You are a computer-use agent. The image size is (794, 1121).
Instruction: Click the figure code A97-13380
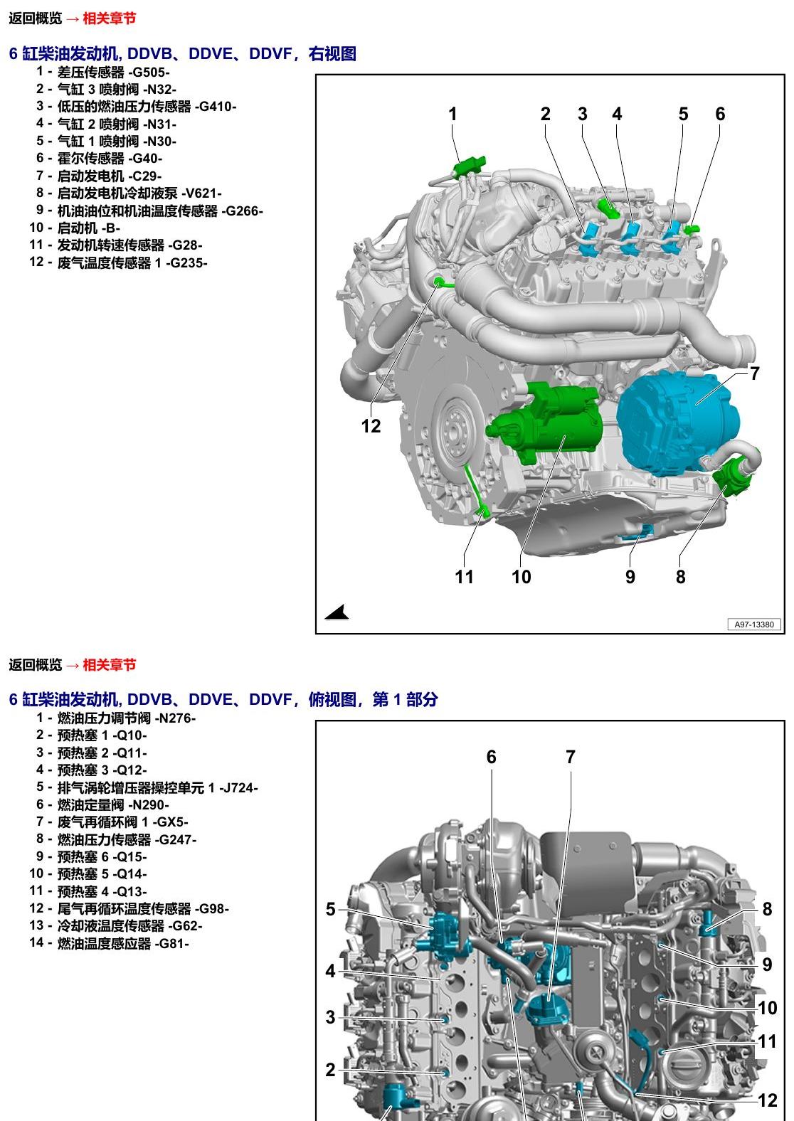tap(754, 625)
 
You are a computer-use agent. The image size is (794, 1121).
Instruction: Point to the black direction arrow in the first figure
tap(338, 612)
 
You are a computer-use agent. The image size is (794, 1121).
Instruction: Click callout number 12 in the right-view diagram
tap(371, 426)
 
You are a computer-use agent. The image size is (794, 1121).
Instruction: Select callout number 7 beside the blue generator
tap(754, 373)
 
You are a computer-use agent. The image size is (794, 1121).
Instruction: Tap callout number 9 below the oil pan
tap(630, 577)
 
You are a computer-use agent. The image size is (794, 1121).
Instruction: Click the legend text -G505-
tap(149, 73)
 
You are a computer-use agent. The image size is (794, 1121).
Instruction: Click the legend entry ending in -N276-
tap(116, 718)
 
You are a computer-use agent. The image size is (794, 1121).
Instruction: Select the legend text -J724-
tap(238, 787)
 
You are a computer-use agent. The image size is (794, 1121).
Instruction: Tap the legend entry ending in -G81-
tap(109, 943)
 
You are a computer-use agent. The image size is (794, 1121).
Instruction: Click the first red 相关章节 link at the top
tap(109, 18)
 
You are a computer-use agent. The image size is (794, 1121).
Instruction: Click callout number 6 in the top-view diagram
tap(491, 757)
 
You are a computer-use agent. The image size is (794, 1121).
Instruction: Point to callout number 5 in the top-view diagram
tap(330, 909)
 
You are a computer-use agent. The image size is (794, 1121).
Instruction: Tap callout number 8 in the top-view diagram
tap(767, 909)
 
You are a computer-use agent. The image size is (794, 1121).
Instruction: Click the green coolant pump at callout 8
tap(734, 478)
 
